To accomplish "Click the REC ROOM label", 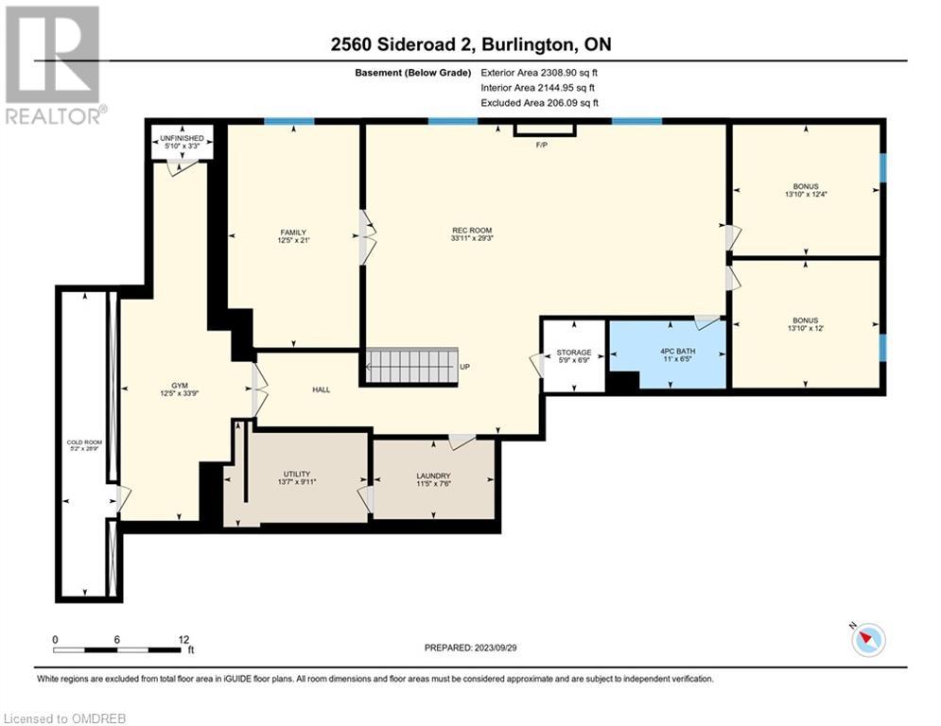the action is (x=472, y=231).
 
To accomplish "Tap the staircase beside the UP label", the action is (x=411, y=366).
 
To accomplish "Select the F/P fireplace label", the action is (x=541, y=146).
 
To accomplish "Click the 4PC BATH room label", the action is (x=677, y=351).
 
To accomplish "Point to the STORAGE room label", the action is (x=574, y=353).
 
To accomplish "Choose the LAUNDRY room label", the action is (x=433, y=475).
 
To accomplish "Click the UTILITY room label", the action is (x=296, y=474).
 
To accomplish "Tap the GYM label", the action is (x=180, y=386).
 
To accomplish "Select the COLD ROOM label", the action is (x=84, y=442).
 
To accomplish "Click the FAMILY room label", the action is (x=293, y=233).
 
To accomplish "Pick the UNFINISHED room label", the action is (x=182, y=138).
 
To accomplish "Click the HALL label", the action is (x=321, y=389).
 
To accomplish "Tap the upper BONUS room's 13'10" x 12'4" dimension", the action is (x=806, y=195).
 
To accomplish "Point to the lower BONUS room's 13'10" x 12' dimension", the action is (x=806, y=328).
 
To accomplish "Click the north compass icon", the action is (x=868, y=640).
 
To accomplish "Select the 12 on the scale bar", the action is (x=184, y=640).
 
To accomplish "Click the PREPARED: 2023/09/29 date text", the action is (x=471, y=648).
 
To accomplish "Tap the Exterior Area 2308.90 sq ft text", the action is (x=539, y=73).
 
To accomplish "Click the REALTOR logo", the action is (x=54, y=65).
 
